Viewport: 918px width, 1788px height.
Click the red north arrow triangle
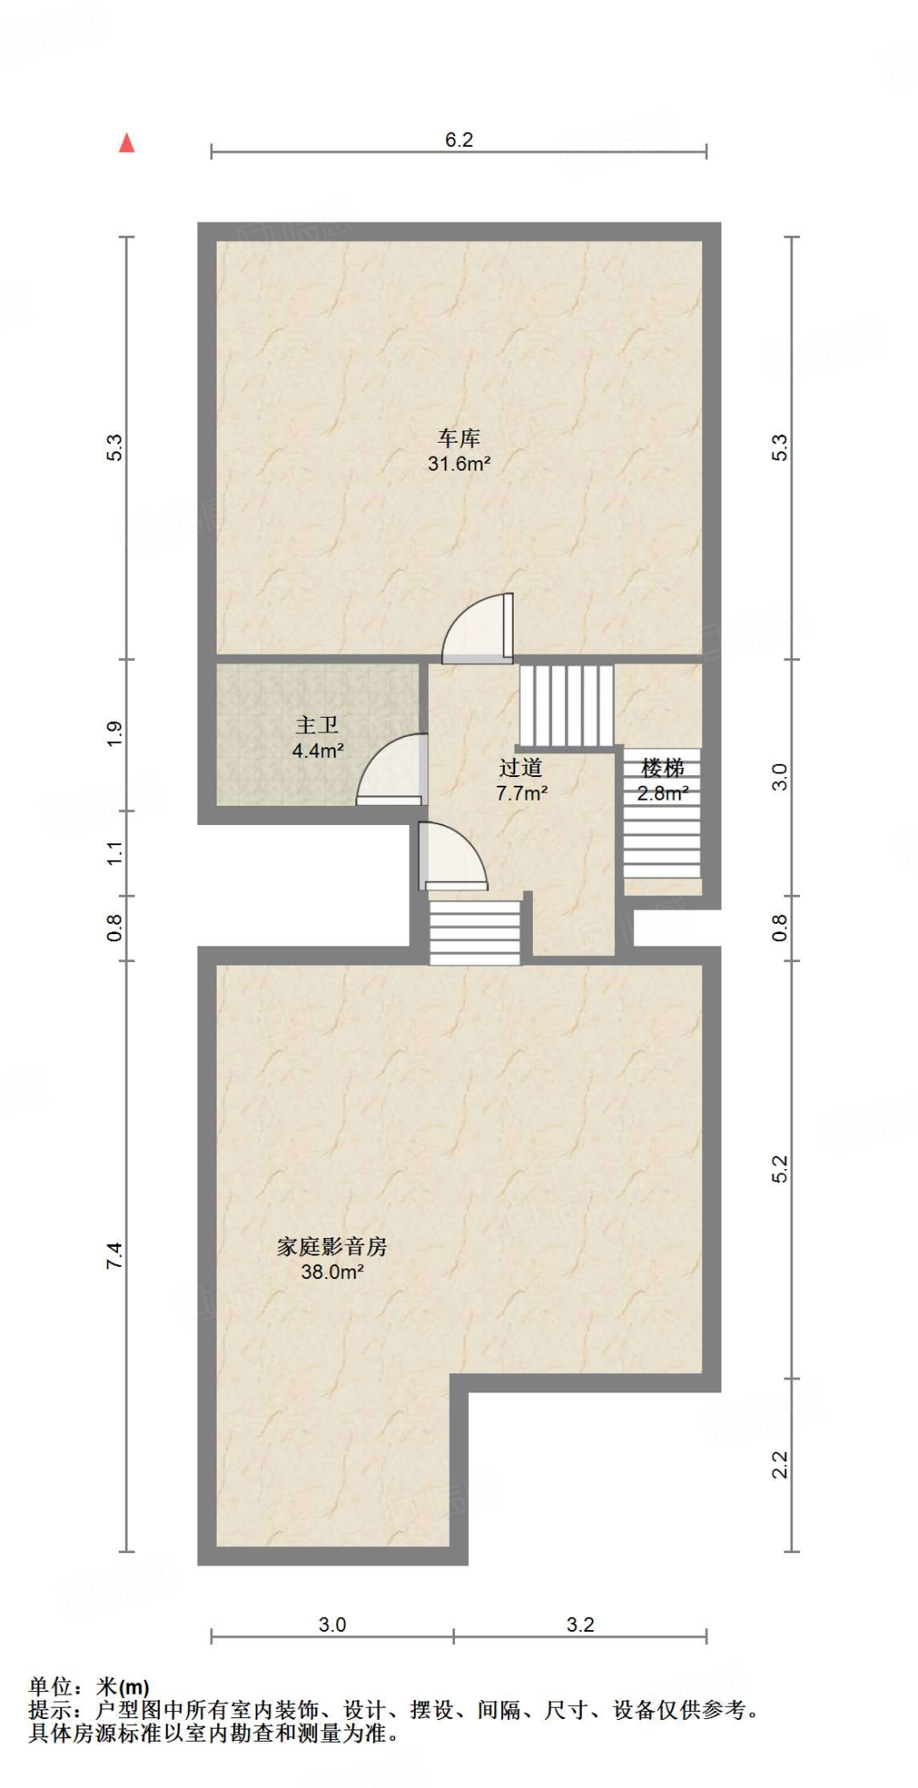[x=127, y=143]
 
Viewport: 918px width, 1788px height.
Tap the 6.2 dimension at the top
[x=459, y=140]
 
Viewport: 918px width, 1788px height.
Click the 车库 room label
[x=459, y=437]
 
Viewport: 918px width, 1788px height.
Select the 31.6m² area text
[x=459, y=464]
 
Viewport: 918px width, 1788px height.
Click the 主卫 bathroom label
[x=316, y=725]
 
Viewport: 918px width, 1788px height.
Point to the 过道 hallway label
[x=521, y=767]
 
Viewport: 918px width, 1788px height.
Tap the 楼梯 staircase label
[x=662, y=768]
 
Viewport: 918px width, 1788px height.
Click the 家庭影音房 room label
[x=332, y=1247]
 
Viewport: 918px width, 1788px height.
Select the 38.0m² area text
[x=332, y=1272]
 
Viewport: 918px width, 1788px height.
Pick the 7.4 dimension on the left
[x=114, y=1255]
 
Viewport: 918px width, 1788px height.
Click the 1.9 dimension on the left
[x=114, y=734]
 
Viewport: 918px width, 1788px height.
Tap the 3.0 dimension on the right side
[x=780, y=777]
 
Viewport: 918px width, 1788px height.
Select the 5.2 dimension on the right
[x=780, y=1169]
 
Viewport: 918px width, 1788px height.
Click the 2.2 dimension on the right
[x=780, y=1464]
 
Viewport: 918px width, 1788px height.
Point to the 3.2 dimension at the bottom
[x=580, y=1625]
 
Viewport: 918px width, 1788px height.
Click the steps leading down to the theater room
[x=474, y=932]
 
